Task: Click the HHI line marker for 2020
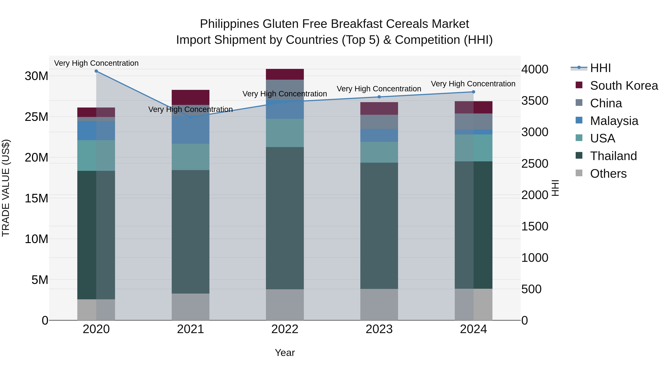(96, 71)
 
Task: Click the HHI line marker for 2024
(473, 92)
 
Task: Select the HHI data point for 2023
(379, 97)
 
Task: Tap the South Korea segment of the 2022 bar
(285, 74)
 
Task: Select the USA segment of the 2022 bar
(285, 133)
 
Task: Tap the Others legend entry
(608, 174)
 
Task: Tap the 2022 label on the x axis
(285, 329)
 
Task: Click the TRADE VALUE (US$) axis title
(6, 188)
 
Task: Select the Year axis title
(285, 353)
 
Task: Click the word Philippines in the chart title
(229, 24)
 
